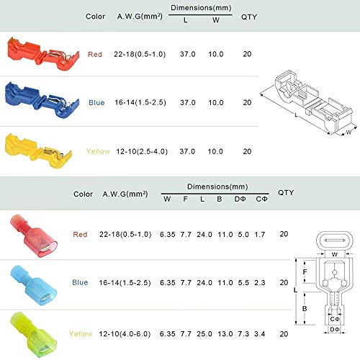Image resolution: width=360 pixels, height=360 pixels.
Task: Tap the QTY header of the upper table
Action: [x=248, y=15]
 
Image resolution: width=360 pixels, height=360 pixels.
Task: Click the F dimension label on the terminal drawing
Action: [x=305, y=272]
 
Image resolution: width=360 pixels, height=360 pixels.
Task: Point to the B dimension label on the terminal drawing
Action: [x=305, y=309]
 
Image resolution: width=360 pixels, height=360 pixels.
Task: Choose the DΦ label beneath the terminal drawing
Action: [x=333, y=329]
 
